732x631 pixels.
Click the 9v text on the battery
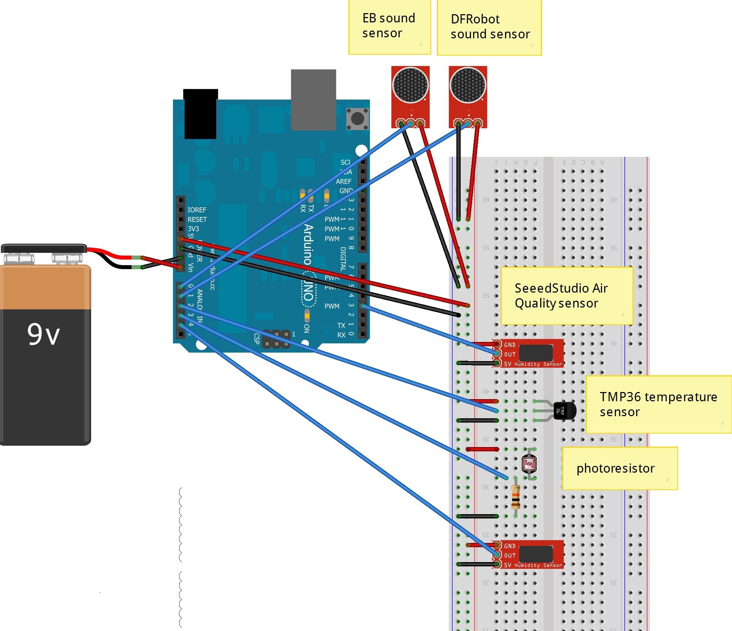[x=43, y=334]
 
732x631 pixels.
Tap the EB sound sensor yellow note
[x=389, y=27]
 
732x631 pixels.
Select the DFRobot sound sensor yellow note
[x=489, y=28]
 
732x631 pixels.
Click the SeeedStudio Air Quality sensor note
[x=566, y=295]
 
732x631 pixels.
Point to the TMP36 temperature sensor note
[x=658, y=404]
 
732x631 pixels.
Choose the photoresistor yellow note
[x=619, y=468]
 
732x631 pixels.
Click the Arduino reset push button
[x=357, y=118]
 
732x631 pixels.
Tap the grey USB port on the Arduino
[x=313, y=99]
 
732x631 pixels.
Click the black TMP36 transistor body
[x=565, y=410]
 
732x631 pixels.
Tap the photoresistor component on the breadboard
[x=529, y=464]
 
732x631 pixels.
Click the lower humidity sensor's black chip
[x=536, y=554]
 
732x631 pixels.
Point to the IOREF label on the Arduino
[x=197, y=210]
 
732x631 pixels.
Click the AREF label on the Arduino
[x=343, y=181]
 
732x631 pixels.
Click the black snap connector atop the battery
[x=44, y=248]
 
